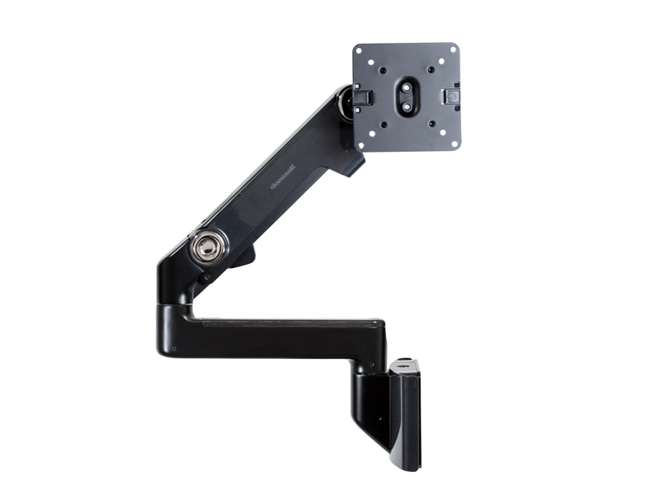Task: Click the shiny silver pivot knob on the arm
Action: click(x=208, y=246)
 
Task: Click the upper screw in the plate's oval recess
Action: click(x=407, y=85)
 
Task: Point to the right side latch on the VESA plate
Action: click(x=452, y=97)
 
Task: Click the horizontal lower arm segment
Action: click(x=280, y=334)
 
